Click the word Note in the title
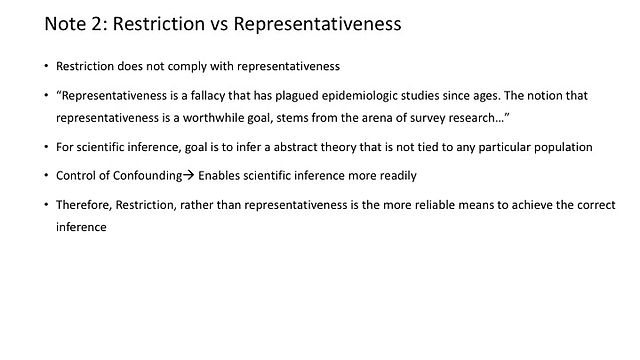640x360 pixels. pyautogui.click(x=63, y=24)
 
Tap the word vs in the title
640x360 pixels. pyautogui.click(x=219, y=24)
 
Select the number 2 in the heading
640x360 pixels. pyautogui.click(x=98, y=24)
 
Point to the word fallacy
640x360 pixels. pyautogui.click(x=208, y=96)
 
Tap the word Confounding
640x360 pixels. pyautogui.click(x=147, y=176)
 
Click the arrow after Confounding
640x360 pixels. pyautogui.click(x=189, y=176)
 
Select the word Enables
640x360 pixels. pyautogui.click(x=219, y=176)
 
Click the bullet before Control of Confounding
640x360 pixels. pyautogui.click(x=47, y=176)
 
